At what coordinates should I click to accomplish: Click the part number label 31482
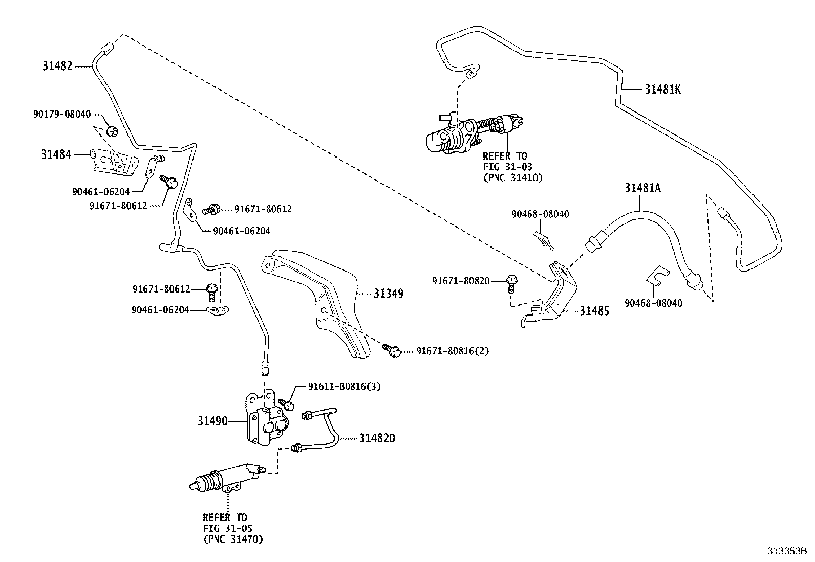(57, 66)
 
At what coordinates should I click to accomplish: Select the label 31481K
(662, 89)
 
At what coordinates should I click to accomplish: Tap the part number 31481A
(642, 188)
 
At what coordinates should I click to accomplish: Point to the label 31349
(388, 294)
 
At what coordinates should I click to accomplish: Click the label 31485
(594, 311)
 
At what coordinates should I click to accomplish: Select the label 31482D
(377, 438)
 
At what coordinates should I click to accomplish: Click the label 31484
(56, 154)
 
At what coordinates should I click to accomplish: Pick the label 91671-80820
(461, 281)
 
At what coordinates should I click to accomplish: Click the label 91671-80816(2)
(453, 351)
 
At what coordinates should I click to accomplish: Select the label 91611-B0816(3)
(344, 387)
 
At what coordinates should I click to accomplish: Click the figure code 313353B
(787, 551)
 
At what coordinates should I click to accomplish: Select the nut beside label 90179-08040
(113, 132)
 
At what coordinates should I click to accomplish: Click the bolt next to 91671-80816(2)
(392, 349)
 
